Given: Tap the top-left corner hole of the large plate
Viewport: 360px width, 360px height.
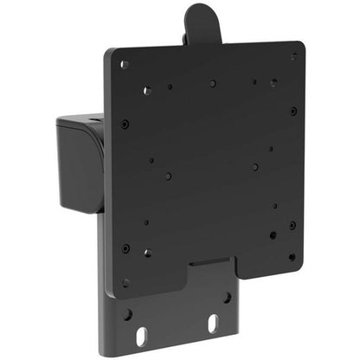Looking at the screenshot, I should (124, 64).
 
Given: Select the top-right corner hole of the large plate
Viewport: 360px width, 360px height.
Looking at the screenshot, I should (293, 56).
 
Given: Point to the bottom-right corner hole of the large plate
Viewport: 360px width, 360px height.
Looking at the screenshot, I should (292, 256).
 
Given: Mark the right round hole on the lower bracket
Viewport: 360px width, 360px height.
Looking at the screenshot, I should (227, 297).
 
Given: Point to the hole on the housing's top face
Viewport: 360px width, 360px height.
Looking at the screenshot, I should (90, 114).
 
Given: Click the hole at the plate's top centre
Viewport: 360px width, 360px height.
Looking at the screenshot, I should (212, 84).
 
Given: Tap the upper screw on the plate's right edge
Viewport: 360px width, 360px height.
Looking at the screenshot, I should (293, 111).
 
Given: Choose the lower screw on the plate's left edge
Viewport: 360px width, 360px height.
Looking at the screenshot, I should (125, 247).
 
